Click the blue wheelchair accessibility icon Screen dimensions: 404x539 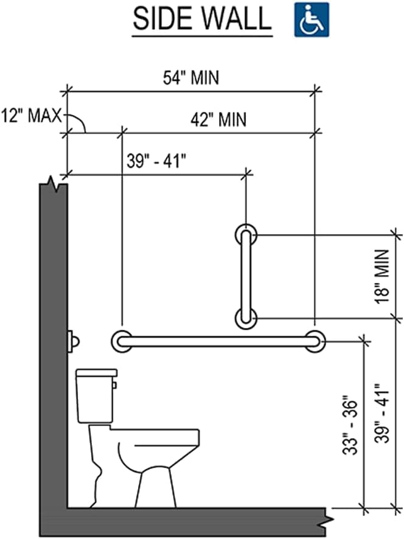pos(312,19)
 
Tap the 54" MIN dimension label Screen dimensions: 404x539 pos(191,78)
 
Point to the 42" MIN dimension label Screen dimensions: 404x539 pos(218,119)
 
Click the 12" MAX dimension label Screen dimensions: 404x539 pos(32,116)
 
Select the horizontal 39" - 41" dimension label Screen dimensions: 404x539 pos(156,161)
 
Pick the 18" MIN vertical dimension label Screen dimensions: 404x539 pos(382,277)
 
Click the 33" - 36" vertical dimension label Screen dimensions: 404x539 pos(350,427)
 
